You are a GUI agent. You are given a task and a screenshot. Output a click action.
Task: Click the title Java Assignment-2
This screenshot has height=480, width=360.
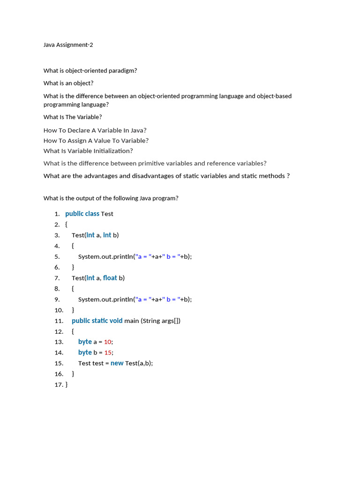tap(72, 45)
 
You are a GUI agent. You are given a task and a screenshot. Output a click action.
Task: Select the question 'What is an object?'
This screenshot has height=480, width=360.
tap(68, 83)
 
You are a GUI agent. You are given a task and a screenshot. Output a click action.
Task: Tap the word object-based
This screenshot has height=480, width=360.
tap(274, 96)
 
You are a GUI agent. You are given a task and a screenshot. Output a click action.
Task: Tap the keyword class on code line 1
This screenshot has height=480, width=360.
tap(92, 214)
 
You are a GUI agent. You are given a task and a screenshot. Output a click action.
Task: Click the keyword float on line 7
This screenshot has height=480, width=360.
tap(110, 278)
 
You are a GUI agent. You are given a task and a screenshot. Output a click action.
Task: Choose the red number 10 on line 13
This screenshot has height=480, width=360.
tap(108, 342)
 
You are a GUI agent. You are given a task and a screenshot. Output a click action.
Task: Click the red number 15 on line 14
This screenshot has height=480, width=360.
tap(108, 353)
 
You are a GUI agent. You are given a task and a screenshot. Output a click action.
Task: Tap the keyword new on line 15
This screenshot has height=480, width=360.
tap(117, 363)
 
